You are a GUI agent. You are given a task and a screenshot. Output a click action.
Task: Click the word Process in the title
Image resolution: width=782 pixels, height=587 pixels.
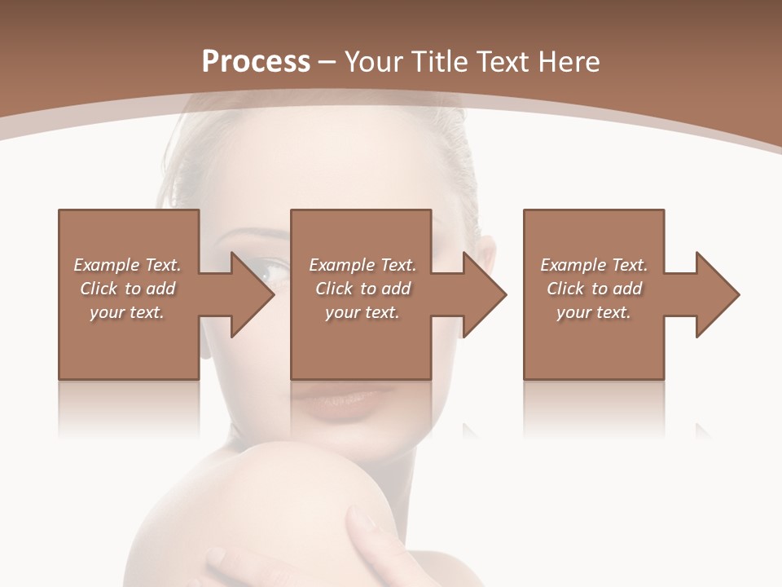coord(256,61)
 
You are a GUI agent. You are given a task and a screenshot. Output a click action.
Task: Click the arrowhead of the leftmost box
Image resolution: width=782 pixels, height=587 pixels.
coord(249,294)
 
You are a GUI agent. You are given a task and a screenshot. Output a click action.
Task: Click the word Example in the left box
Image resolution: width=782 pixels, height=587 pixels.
coord(106,265)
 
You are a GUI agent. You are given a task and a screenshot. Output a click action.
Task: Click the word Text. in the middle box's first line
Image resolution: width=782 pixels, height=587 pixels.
coord(395,265)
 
